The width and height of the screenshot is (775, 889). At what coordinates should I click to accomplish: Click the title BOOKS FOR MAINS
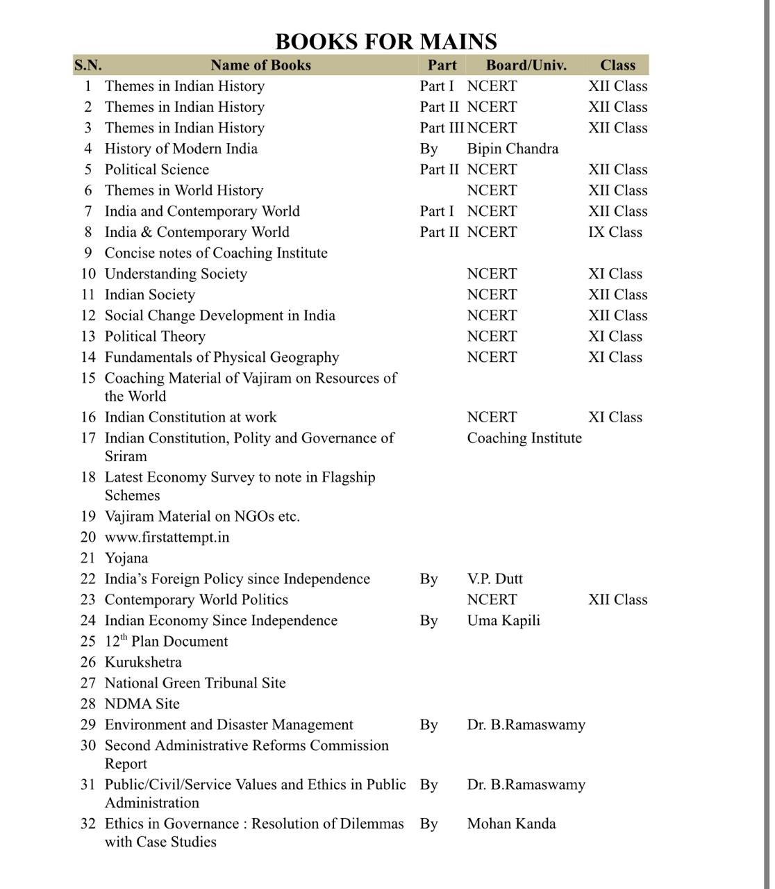click(386, 42)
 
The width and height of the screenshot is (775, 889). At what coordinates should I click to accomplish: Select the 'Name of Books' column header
click(260, 65)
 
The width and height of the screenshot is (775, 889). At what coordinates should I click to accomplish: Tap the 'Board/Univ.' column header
click(526, 65)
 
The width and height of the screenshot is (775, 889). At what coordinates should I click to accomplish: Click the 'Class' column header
click(617, 65)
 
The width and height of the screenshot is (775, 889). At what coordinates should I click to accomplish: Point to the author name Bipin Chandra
click(512, 149)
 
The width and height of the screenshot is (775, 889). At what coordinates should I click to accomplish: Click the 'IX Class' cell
click(615, 232)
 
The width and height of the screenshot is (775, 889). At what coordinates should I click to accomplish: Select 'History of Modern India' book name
click(181, 149)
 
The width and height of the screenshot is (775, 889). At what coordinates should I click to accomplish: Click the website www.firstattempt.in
click(167, 538)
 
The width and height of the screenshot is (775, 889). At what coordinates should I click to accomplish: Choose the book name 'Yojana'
click(126, 558)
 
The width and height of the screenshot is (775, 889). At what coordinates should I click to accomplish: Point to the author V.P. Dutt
click(494, 579)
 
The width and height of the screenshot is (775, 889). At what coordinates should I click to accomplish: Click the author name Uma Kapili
click(503, 621)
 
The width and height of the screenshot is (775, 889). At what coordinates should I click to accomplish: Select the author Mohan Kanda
click(511, 824)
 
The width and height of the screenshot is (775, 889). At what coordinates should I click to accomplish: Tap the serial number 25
click(87, 642)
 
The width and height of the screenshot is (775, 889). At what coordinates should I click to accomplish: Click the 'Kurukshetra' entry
click(143, 663)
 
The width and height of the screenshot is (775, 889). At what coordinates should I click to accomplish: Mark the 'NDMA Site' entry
click(142, 704)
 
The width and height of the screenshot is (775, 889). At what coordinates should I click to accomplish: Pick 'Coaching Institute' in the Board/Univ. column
click(524, 438)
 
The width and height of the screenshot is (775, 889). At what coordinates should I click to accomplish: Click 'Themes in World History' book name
click(184, 190)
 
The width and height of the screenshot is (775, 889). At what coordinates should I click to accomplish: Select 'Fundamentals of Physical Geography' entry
click(222, 357)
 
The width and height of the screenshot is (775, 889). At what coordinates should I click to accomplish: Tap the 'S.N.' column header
click(87, 65)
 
